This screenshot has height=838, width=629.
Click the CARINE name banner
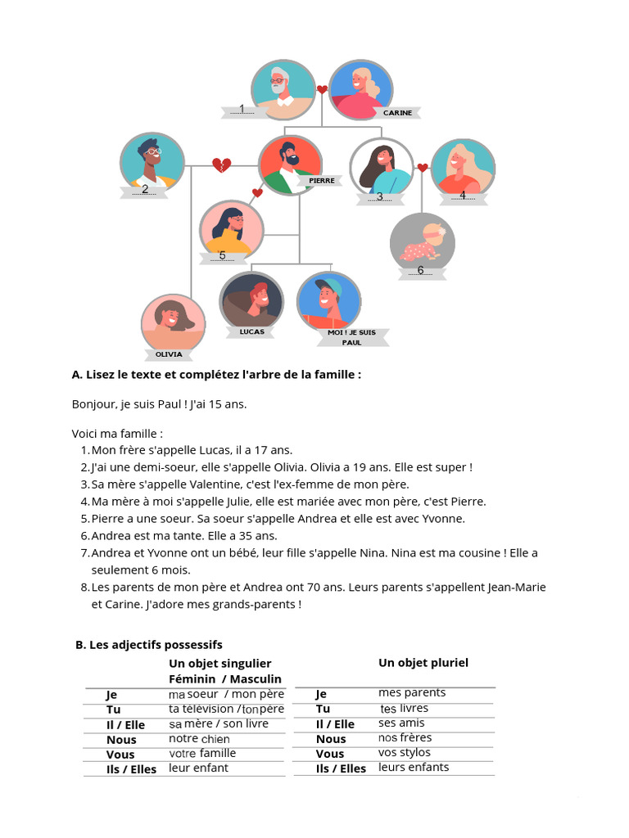397,113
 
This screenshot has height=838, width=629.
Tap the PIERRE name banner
322,180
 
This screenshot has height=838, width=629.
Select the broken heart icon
221,166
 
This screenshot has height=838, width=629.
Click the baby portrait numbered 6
422,243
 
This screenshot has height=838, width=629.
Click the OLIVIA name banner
169,354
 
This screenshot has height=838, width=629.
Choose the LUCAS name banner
252,331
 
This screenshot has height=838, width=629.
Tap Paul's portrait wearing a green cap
328,301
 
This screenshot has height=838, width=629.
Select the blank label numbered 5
222,256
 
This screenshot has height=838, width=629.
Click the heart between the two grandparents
322,90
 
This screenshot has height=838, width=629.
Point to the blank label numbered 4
462,196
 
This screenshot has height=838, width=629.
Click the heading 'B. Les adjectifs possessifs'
148,645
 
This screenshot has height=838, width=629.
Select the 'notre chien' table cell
200,739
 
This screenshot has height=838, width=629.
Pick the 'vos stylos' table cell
404,753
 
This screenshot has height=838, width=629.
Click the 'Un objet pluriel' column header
423,663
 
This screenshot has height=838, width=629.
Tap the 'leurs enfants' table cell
414,768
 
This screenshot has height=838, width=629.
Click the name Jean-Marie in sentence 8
516,588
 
